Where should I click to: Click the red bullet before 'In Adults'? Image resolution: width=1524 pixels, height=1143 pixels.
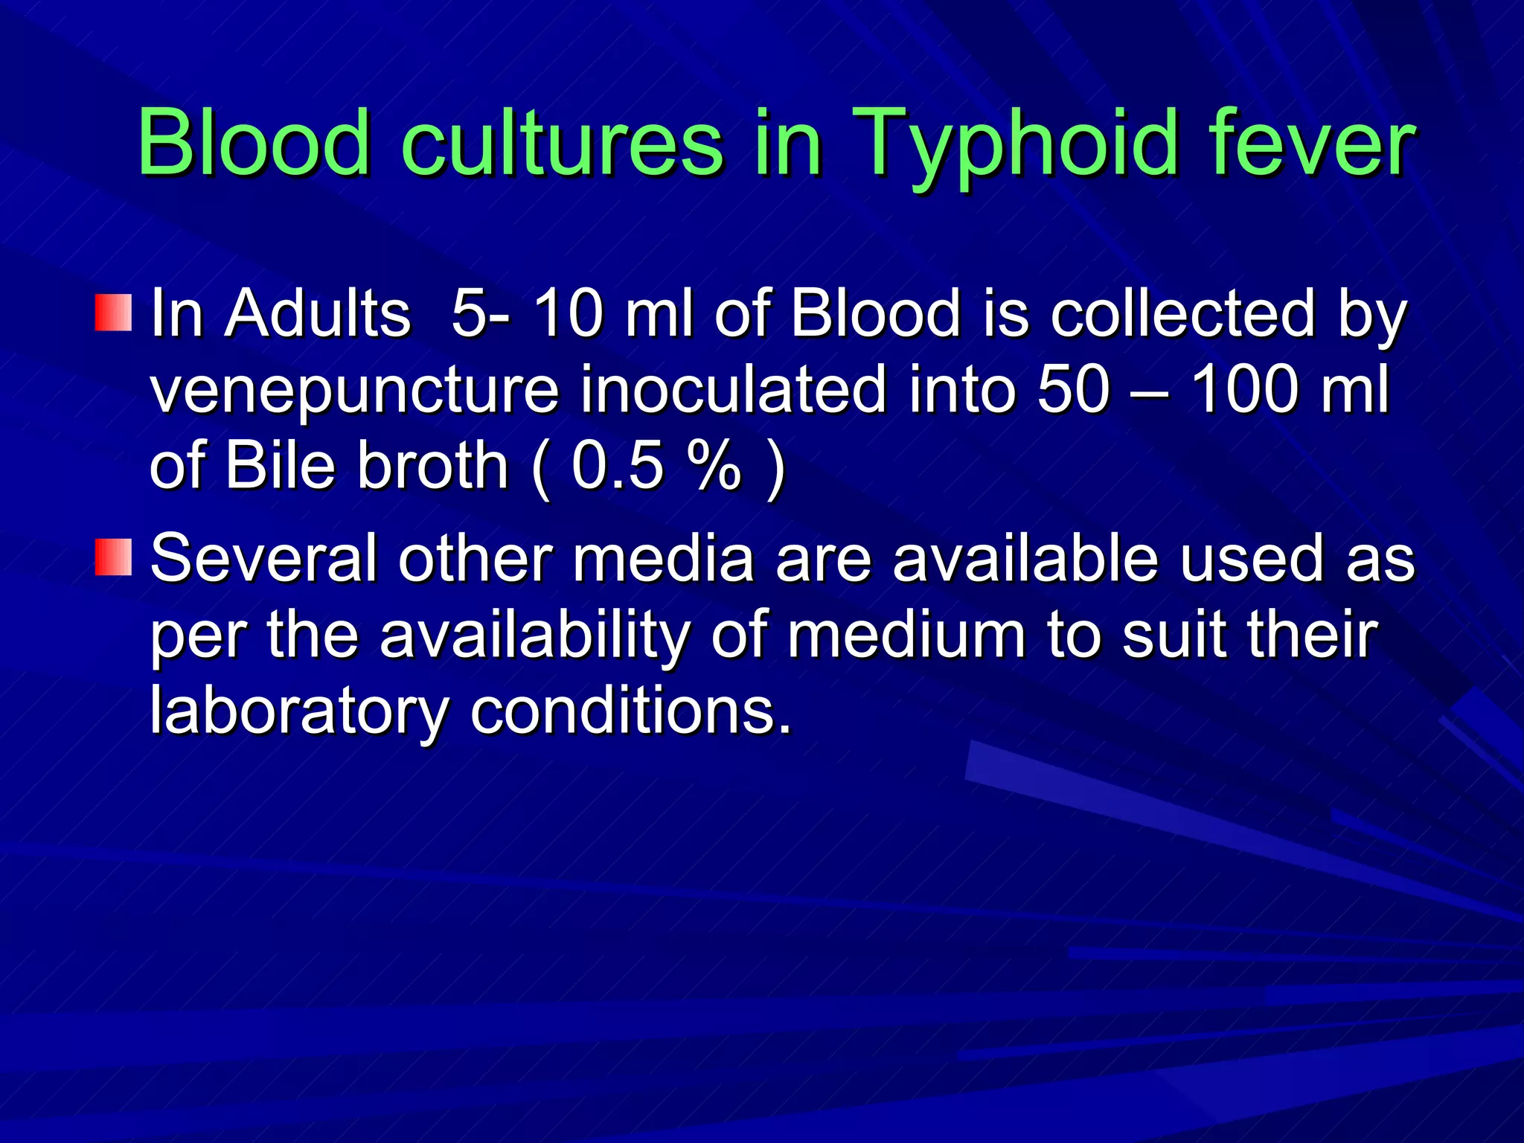point(113,313)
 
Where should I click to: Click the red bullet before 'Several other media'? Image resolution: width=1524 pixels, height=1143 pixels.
point(113,557)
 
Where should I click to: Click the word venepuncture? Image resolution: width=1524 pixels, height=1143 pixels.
point(354,391)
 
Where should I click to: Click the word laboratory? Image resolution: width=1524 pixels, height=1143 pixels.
point(298,712)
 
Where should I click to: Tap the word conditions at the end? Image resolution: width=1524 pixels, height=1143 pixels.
point(631,711)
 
